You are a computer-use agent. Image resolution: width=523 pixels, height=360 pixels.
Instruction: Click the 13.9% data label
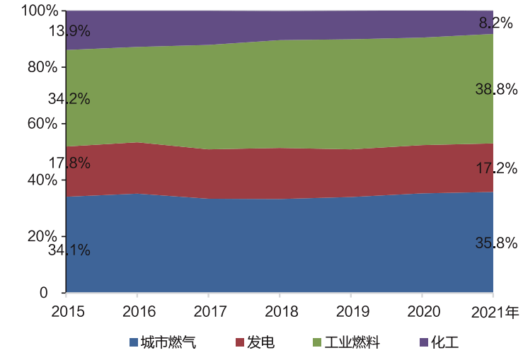pyautogui.click(x=69, y=31)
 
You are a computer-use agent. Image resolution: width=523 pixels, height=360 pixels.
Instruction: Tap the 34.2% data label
pyautogui.click(x=69, y=99)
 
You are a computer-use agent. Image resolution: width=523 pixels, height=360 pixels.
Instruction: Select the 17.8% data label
pyautogui.click(x=69, y=163)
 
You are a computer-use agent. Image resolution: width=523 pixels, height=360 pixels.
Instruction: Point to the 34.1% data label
pyautogui.click(x=69, y=250)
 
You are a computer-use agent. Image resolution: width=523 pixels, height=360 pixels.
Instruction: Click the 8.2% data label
pyautogui.click(x=495, y=23)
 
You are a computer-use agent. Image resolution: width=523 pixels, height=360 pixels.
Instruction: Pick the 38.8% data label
pyautogui.click(x=495, y=90)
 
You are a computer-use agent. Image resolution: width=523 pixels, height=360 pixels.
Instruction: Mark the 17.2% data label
pyautogui.click(x=495, y=168)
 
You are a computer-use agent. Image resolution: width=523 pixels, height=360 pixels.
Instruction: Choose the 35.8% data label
pyautogui.click(x=495, y=243)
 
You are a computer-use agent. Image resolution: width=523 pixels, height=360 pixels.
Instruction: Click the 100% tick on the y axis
pyautogui.click(x=39, y=11)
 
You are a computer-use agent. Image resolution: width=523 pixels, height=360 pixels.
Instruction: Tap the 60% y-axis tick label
pyautogui.click(x=42, y=123)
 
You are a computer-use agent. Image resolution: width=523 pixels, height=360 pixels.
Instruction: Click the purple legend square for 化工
pyautogui.click(x=424, y=343)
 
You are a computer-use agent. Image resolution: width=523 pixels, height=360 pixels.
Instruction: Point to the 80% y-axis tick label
pyautogui.click(x=42, y=67)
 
